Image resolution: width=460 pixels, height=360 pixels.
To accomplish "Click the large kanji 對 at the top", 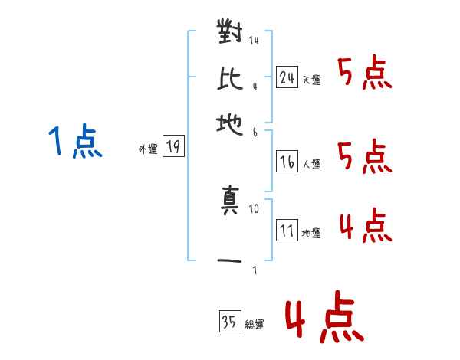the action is click(230, 31).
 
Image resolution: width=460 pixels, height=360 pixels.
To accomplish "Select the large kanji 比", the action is click(230, 79).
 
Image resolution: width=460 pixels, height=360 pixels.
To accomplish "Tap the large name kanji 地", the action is click(230, 125).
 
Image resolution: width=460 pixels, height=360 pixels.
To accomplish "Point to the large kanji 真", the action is click(230, 200).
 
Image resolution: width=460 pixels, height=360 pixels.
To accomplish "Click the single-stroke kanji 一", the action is click(229, 260).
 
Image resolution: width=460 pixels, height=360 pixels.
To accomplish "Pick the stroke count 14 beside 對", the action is click(254, 40).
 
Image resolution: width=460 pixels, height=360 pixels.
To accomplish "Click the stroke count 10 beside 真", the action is click(254, 209).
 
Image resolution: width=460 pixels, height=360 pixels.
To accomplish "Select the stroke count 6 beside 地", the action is click(255, 133).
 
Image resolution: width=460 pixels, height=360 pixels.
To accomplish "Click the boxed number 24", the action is click(287, 77).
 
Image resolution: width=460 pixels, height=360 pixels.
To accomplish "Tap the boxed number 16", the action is click(287, 162).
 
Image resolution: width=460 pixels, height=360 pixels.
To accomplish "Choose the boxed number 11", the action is click(287, 230).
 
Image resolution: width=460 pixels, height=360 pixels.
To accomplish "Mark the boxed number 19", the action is click(173, 146).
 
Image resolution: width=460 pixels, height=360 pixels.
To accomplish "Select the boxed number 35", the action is click(230, 321).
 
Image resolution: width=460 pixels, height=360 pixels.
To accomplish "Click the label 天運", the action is click(312, 80).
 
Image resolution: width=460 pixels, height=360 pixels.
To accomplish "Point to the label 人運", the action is click(312, 164).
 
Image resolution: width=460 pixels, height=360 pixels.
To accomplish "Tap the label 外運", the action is click(148, 149).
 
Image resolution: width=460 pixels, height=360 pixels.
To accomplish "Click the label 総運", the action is click(255, 324).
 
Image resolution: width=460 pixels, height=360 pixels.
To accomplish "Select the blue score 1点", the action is click(75, 141).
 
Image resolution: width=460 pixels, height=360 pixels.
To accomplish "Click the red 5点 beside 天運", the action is click(365, 72).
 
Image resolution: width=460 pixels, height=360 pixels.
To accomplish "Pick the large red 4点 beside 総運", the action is click(324, 316).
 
